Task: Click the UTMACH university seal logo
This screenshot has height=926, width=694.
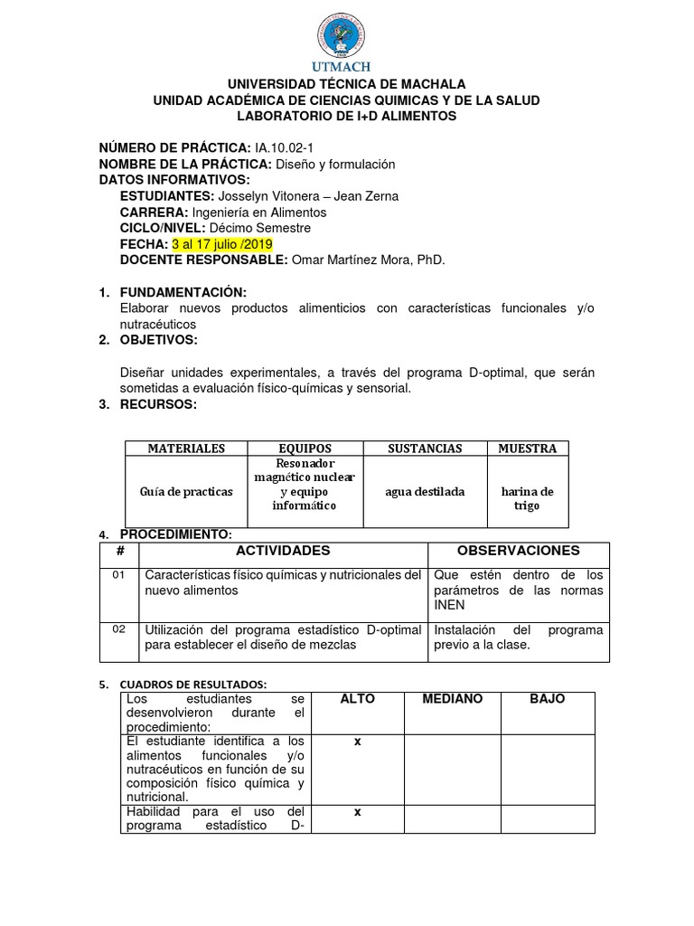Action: point(346,33)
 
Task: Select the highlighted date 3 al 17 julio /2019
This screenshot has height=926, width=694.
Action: point(221,244)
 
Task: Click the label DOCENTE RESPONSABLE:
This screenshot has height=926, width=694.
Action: point(203,260)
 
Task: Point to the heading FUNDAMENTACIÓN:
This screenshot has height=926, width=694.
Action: point(183,292)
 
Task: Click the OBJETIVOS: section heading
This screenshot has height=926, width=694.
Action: point(158,339)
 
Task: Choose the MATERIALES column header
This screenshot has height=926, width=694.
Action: point(186,449)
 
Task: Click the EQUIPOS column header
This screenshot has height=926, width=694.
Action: point(305,449)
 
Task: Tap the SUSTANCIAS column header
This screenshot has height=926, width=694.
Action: point(425,449)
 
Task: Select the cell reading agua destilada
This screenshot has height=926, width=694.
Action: point(425,492)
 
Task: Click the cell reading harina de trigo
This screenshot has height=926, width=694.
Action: point(527,498)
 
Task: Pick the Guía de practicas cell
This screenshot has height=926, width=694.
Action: point(186,492)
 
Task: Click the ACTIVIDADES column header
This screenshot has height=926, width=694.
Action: point(283,551)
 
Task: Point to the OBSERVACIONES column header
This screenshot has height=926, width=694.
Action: point(518,551)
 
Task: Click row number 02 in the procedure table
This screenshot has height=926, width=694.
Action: point(120,629)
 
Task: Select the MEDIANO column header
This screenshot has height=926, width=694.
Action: point(452,700)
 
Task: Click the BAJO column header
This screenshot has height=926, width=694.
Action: point(548,700)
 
